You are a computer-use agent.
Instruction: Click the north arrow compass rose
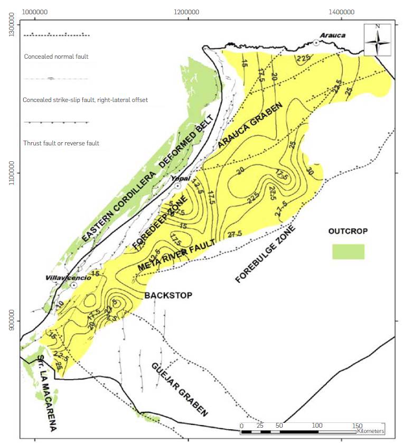(x=377, y=40)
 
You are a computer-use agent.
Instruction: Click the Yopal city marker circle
(x=178, y=186)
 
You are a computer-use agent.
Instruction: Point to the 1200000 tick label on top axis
(x=188, y=11)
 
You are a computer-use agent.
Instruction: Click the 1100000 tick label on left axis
(x=10, y=173)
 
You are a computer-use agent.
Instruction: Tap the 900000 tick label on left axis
(x=10, y=321)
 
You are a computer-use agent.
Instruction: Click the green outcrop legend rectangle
(x=348, y=252)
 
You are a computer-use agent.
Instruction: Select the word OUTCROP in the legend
(x=348, y=232)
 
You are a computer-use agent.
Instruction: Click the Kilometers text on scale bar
(x=370, y=432)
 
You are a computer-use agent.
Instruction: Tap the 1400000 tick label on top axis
(x=341, y=11)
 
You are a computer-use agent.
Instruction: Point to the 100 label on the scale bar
(x=317, y=425)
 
